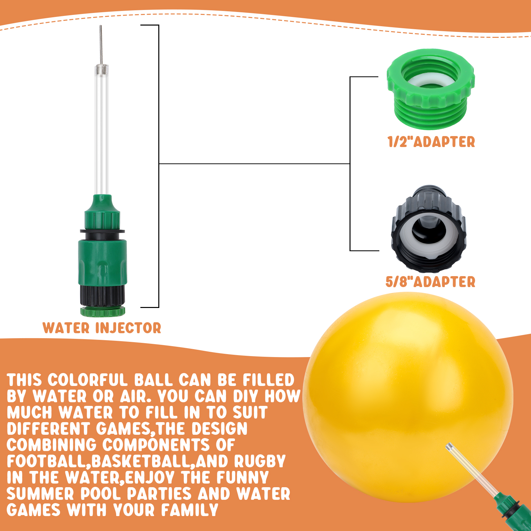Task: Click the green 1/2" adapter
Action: pos(430,89)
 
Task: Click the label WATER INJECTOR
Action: pos(102,328)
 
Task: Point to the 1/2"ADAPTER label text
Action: pos(431,142)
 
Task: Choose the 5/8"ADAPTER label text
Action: pos(430,282)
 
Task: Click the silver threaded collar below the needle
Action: pos(101,69)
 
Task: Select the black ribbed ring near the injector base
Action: pos(102,296)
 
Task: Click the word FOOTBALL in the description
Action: pos(48,461)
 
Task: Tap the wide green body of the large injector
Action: pos(103,262)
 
